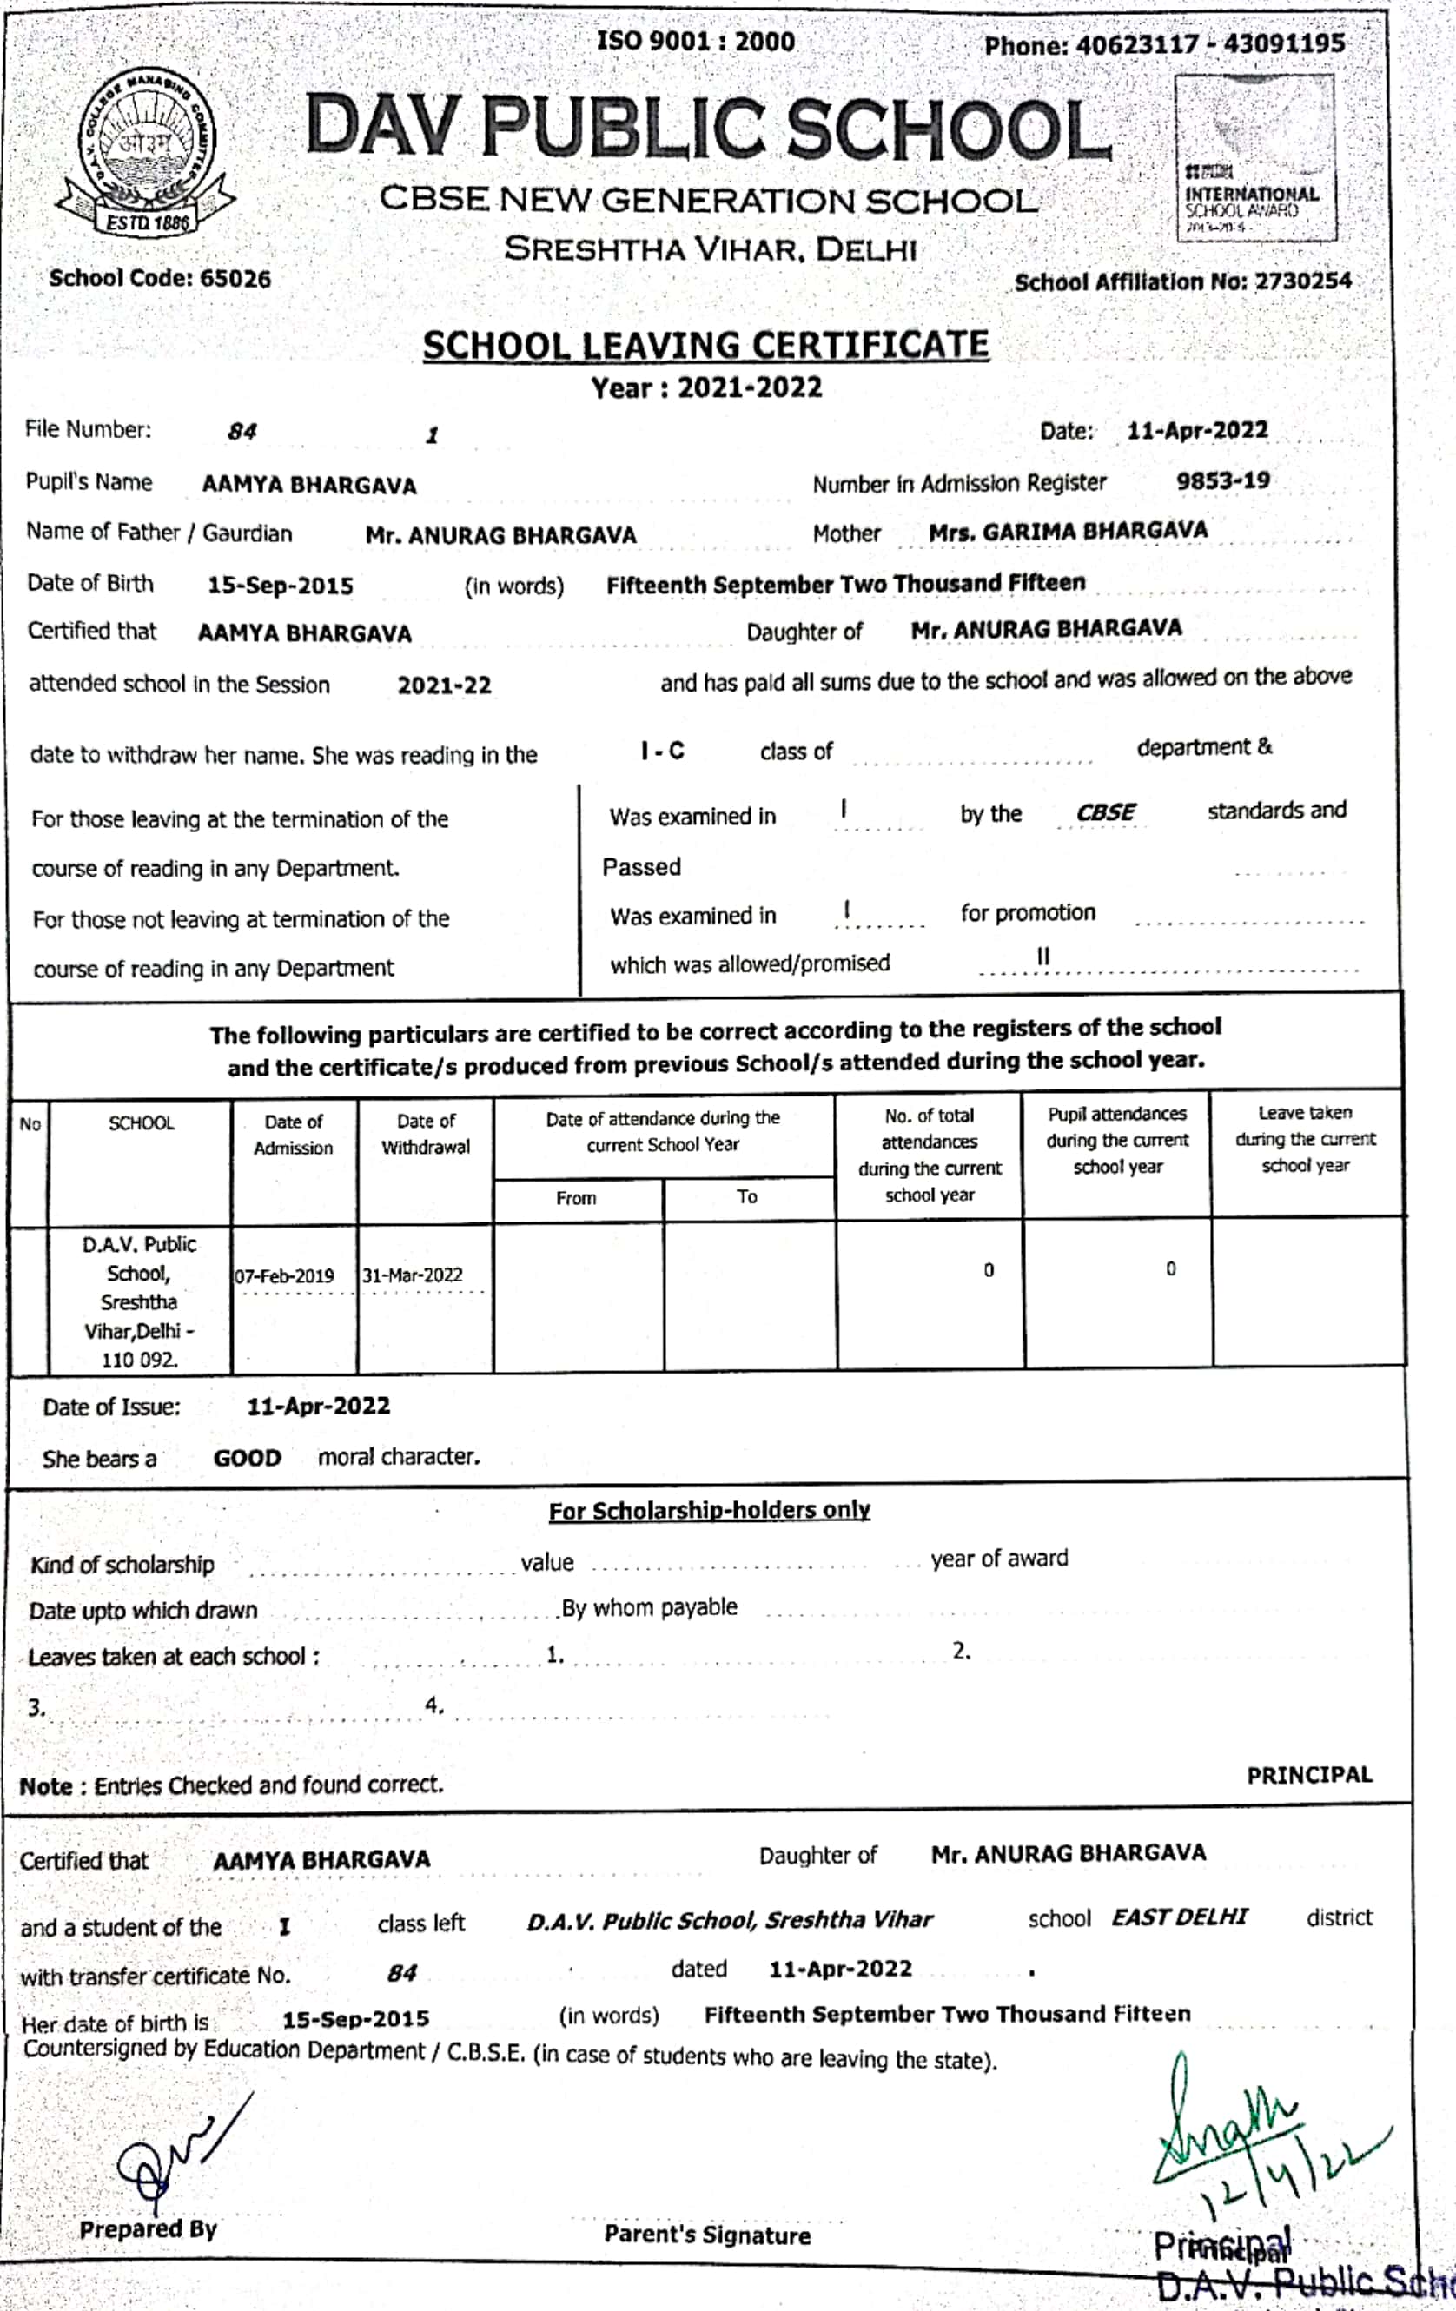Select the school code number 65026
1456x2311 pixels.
tap(235, 279)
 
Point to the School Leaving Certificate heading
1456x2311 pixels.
tap(705, 346)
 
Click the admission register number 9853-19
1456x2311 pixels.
tap(1223, 480)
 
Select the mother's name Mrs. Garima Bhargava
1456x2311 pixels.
tap(1068, 532)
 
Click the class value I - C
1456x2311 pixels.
tap(663, 752)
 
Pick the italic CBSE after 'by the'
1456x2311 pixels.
tap(1106, 813)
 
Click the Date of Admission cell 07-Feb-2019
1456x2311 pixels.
tap(285, 1276)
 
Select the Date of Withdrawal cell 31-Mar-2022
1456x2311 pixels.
tap(413, 1275)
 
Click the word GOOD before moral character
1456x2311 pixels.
tap(247, 1459)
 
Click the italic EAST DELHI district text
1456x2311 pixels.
tap(1179, 1917)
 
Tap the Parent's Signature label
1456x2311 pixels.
tap(707, 2235)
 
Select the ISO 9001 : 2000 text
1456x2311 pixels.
tap(696, 43)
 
